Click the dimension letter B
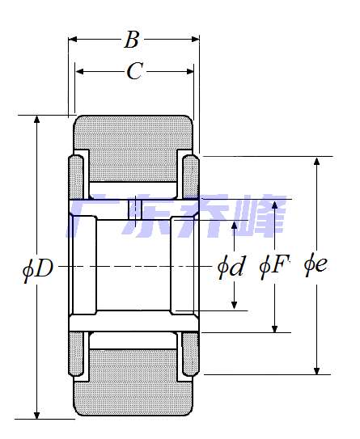tap(132, 40)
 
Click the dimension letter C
tap(135, 71)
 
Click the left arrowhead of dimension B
tap(72, 39)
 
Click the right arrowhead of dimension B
tap(195, 39)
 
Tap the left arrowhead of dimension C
tap(79, 72)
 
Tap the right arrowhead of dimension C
tap(190, 72)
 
